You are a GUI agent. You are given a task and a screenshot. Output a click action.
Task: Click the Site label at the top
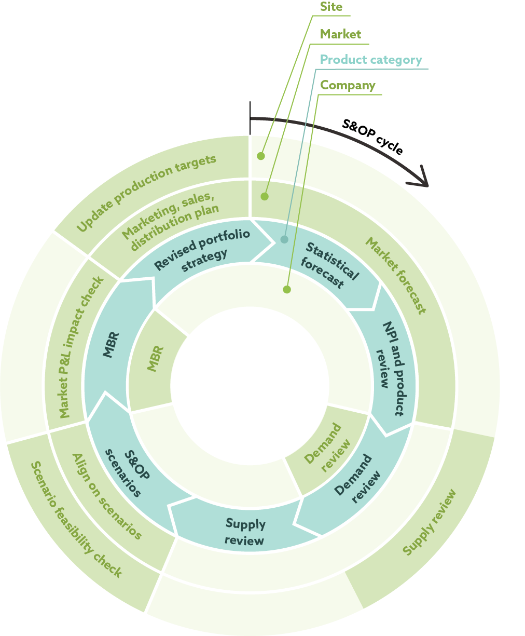coord(331,7)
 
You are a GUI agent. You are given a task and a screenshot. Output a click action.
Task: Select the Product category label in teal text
coord(371,60)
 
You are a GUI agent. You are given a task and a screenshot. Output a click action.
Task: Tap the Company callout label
coord(348,86)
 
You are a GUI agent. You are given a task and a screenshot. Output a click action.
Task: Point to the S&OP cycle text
coord(372,137)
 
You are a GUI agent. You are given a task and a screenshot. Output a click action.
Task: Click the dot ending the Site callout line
coord(261,156)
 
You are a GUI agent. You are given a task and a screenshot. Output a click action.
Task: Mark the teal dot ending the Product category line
coord(284,239)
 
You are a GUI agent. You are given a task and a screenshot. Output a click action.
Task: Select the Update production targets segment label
coord(146,193)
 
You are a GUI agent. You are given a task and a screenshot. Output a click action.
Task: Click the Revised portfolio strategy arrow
coord(202,249)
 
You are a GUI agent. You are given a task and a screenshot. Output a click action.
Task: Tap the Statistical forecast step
coord(329,265)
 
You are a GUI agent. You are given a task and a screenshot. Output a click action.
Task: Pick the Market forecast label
coord(396,275)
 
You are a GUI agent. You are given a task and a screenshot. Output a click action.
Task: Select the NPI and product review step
coord(392,369)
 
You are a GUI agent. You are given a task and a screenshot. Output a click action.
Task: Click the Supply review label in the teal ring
coord(245,532)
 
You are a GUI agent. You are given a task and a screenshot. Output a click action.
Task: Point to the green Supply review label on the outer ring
coord(430,522)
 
